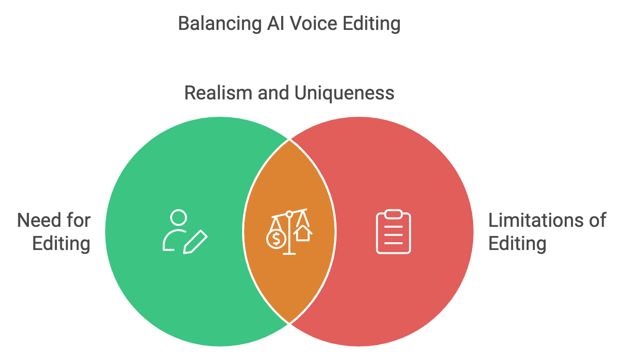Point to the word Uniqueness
click(344, 93)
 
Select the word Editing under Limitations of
click(517, 243)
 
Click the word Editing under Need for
click(61, 243)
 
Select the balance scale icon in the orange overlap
click(289, 232)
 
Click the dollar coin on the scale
click(276, 238)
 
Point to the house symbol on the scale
click(303, 234)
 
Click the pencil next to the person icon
click(195, 242)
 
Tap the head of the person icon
click(178, 217)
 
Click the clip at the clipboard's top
click(394, 214)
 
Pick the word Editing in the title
click(371, 23)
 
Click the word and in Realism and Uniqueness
click(273, 93)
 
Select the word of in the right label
click(597, 221)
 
